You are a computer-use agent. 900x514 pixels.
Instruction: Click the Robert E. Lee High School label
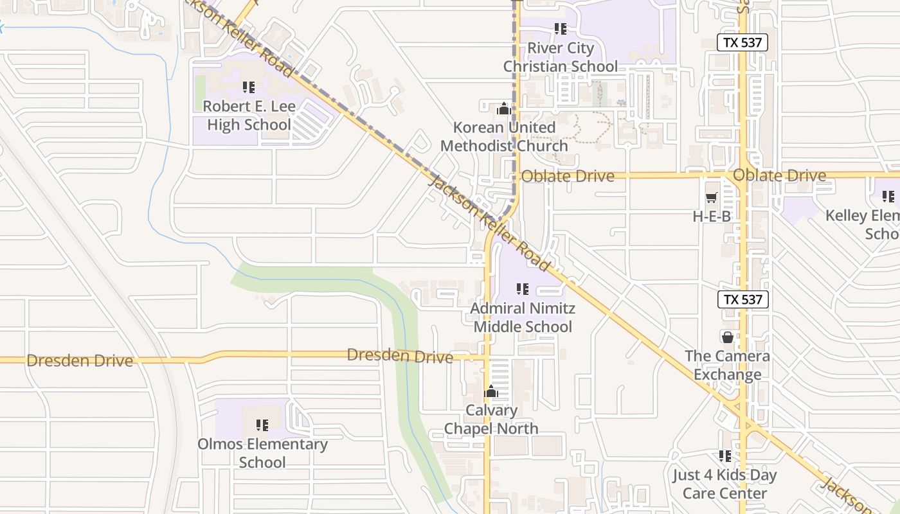249,115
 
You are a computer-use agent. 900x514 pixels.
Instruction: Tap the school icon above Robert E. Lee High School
249,87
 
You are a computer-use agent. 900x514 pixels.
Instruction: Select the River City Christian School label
560,57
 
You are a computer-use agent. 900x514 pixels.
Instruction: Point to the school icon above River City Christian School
560,29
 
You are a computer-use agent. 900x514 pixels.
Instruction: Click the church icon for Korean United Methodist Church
504,109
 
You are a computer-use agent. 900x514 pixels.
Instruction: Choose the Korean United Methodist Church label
504,136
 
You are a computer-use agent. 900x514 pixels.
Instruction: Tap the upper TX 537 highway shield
742,43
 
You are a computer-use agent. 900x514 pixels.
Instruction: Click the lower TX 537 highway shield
742,299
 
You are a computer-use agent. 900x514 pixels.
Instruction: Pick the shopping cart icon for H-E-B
712,198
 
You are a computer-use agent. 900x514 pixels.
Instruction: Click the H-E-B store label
712,217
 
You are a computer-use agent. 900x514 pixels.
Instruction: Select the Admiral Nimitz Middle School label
523,317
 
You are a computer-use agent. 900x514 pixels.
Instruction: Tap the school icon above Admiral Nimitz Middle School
523,290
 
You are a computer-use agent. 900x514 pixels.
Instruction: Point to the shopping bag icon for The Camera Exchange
727,337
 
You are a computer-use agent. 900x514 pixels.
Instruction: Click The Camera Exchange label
727,365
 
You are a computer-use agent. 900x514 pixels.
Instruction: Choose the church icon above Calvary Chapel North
491,391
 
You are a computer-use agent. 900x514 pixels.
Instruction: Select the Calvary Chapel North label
491,419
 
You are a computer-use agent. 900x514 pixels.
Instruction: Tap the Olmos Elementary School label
262,452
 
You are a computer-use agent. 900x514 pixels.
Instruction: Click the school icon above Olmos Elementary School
262,425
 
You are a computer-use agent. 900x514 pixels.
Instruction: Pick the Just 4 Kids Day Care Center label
724,484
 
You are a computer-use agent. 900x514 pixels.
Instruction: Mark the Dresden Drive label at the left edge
80,360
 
